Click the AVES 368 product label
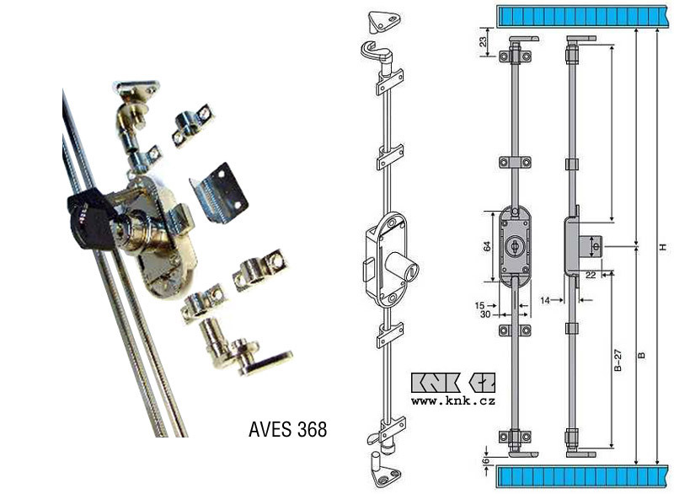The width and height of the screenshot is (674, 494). click(287, 429)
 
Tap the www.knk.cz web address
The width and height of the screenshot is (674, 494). click(453, 401)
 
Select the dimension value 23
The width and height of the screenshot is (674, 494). click(483, 41)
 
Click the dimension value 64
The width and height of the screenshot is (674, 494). click(487, 247)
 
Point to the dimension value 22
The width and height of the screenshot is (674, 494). click(591, 275)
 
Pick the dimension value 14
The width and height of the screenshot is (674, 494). click(545, 300)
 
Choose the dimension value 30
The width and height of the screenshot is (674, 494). click(485, 314)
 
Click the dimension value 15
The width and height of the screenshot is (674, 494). click(480, 306)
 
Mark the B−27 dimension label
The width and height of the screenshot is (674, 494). click(618, 360)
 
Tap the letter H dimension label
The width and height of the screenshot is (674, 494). click(663, 247)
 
